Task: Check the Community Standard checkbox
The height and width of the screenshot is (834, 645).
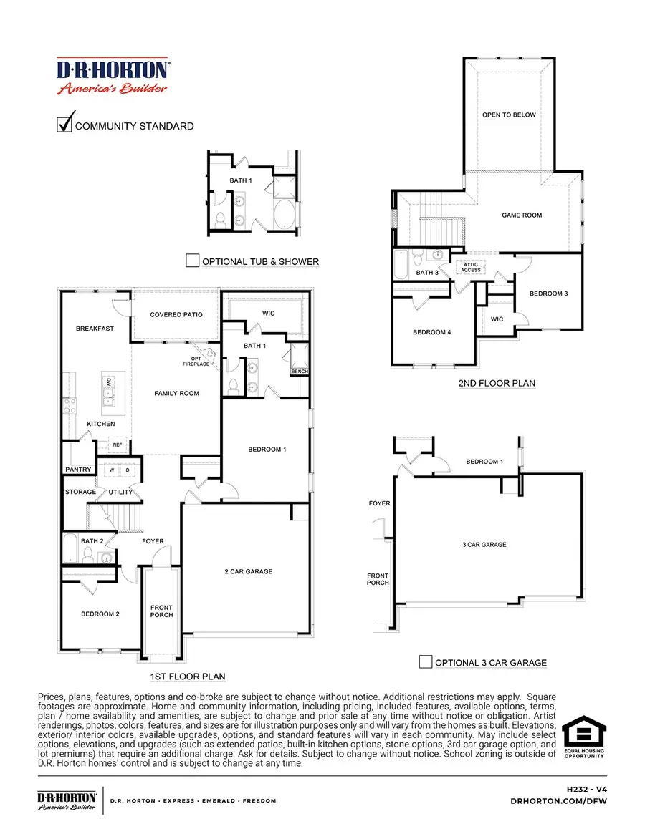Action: (x=64, y=125)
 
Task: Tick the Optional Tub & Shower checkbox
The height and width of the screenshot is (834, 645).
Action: (x=192, y=261)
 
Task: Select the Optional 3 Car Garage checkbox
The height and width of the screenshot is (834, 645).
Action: (x=426, y=661)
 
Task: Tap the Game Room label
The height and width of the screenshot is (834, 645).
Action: (x=522, y=215)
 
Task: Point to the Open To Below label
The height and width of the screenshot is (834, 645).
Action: (x=509, y=115)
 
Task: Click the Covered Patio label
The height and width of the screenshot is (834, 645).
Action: (x=176, y=314)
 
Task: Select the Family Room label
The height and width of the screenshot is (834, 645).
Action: (x=176, y=393)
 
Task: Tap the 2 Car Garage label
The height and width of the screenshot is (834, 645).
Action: (x=249, y=571)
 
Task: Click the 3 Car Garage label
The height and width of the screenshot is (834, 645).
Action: (x=484, y=545)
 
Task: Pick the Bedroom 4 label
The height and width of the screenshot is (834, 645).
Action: (x=431, y=332)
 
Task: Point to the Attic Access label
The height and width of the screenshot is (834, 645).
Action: (x=471, y=268)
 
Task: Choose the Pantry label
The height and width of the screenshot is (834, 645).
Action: (x=78, y=470)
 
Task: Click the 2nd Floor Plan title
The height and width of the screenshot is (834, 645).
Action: (x=497, y=383)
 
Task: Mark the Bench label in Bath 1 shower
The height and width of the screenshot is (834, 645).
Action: (x=299, y=372)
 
